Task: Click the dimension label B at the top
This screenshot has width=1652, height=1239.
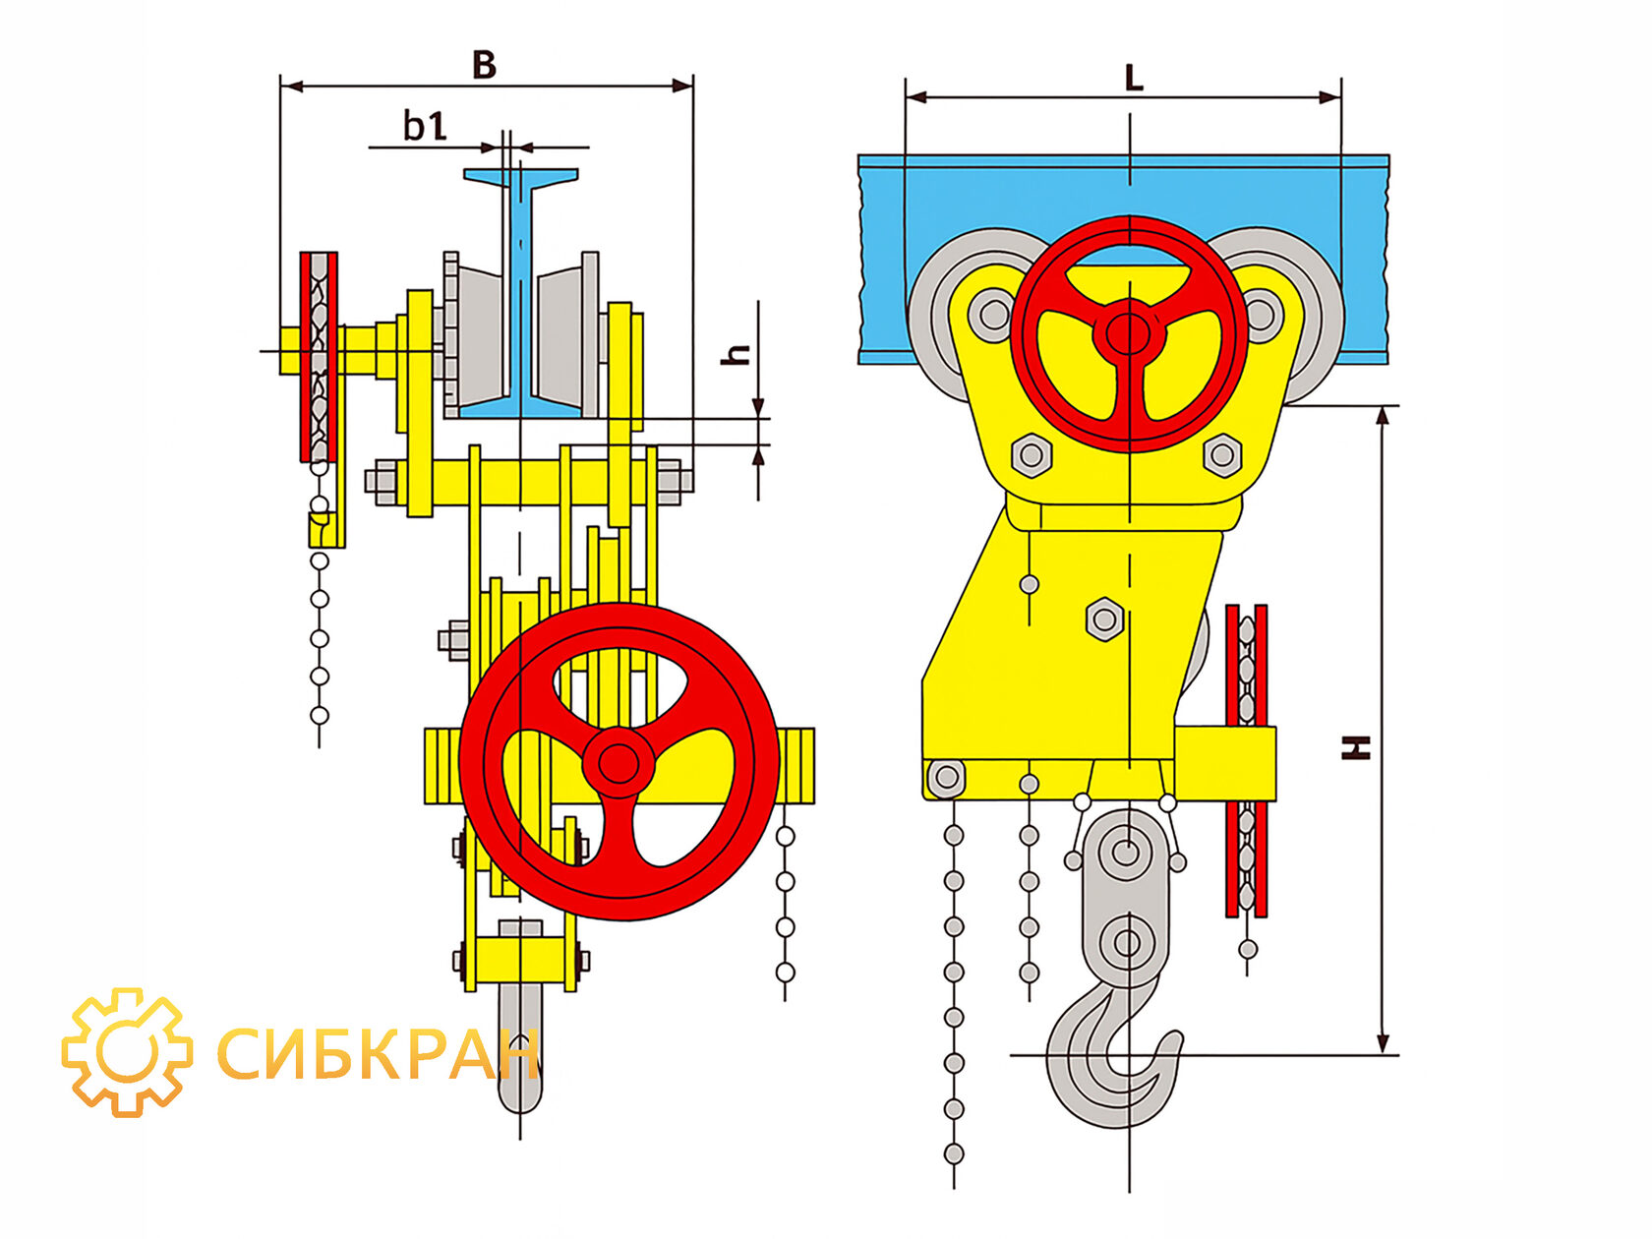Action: click(x=485, y=65)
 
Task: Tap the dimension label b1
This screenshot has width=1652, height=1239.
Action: click(x=425, y=126)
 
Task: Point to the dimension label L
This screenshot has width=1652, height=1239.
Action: click(x=1134, y=79)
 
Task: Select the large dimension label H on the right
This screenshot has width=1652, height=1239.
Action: click(x=1356, y=747)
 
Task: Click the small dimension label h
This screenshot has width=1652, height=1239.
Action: click(x=737, y=354)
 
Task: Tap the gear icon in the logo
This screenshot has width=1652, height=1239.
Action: click(x=127, y=1052)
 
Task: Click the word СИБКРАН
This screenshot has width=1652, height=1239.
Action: click(x=379, y=1053)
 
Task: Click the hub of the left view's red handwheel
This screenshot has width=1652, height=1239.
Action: click(x=618, y=764)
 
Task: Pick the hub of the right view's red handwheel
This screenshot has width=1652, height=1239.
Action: click(x=1128, y=331)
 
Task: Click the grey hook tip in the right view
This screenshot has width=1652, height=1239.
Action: click(x=1173, y=1040)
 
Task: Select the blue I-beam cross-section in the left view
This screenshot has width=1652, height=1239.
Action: click(x=520, y=293)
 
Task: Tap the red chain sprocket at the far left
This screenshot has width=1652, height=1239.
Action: click(x=320, y=357)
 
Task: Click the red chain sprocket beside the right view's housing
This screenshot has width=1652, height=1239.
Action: click(x=1246, y=760)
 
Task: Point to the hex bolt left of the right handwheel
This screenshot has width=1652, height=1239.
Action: click(x=1032, y=454)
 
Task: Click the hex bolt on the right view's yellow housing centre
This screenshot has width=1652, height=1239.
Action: click(x=1105, y=619)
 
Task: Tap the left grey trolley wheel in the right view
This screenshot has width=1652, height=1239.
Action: click(x=960, y=315)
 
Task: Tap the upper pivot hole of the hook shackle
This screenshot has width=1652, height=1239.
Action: click(x=1125, y=853)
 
